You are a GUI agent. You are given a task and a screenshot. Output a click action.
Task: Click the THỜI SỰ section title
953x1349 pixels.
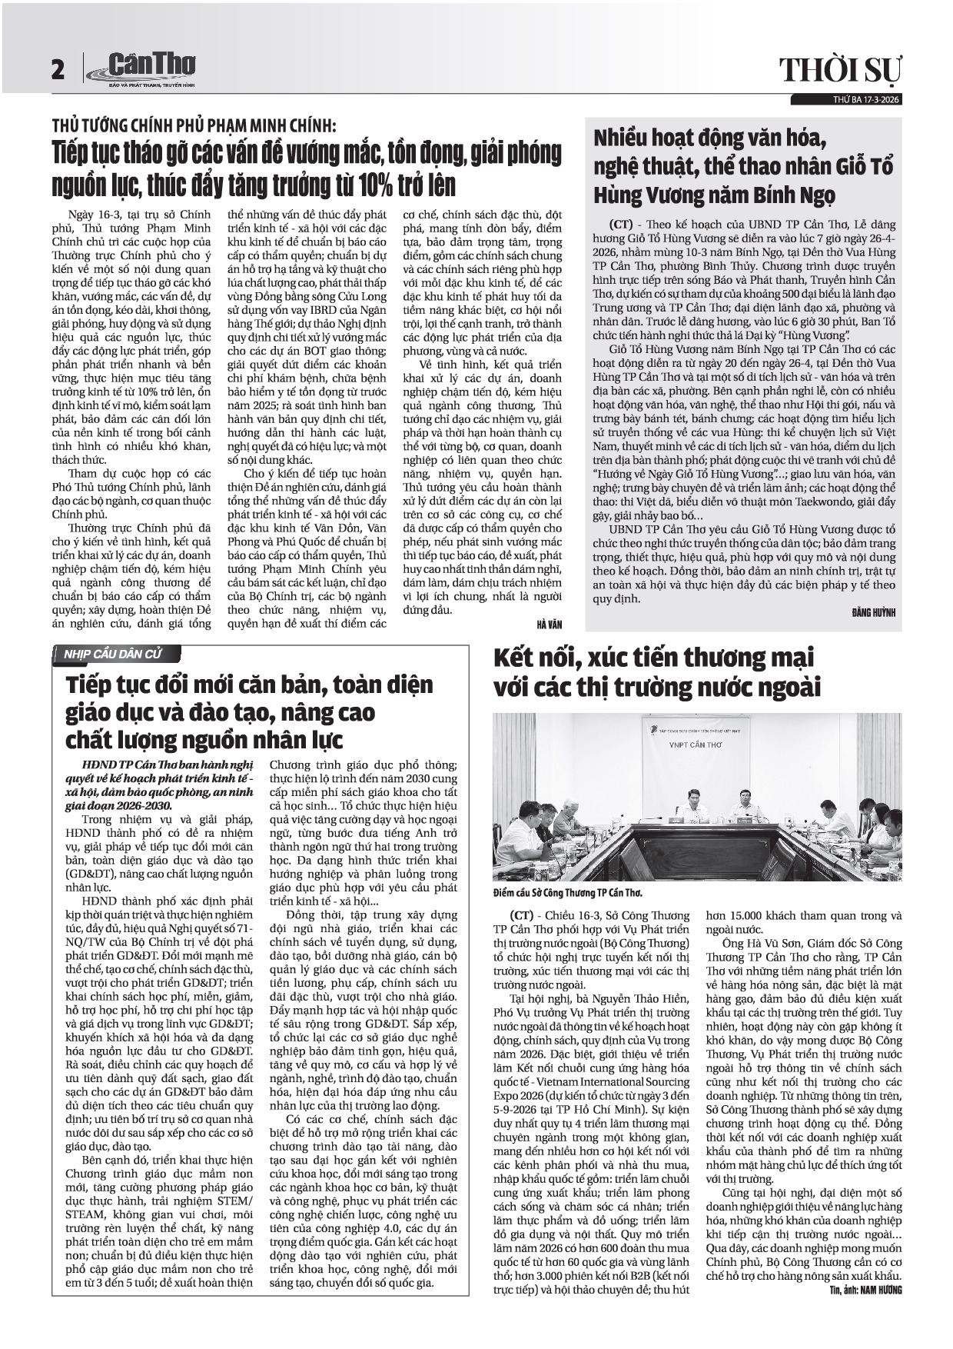[x=841, y=71]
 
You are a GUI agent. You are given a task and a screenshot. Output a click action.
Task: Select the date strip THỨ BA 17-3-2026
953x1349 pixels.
[x=866, y=100]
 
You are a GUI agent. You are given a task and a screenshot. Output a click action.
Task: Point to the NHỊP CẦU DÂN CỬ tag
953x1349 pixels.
[x=108, y=655]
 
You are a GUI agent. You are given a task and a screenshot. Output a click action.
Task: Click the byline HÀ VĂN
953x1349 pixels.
[x=550, y=624]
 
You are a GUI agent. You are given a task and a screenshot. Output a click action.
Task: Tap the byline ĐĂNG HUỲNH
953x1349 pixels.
[x=874, y=613]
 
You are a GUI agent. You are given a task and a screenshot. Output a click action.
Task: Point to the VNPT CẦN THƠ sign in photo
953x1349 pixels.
[x=695, y=745]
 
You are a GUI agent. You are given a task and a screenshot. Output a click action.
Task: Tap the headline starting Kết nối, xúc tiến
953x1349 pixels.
[x=657, y=673]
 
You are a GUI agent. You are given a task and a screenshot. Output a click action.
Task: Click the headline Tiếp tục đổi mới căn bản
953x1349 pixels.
[x=249, y=712]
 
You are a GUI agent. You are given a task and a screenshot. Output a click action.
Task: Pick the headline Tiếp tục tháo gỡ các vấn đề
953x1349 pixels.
[x=306, y=169]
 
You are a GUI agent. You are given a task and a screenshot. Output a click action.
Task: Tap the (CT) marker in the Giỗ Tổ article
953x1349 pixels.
[x=621, y=225]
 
